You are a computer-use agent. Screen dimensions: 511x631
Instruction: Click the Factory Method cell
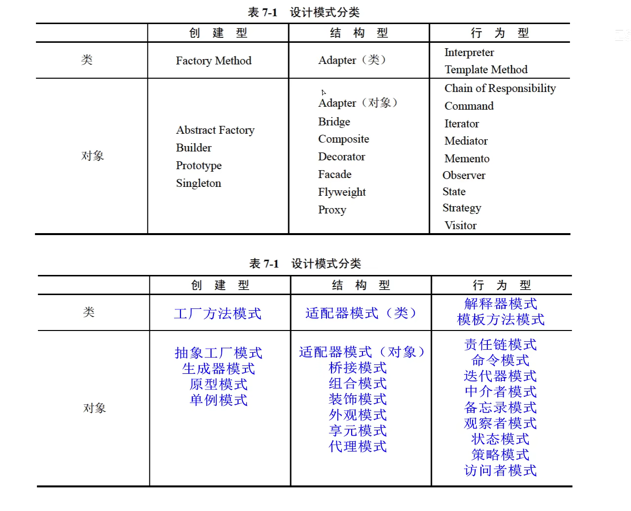[x=213, y=60]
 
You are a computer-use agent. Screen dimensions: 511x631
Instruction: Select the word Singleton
[x=199, y=183]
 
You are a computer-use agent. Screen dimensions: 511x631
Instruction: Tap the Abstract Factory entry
[x=215, y=130]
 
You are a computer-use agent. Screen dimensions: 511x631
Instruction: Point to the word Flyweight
[x=342, y=192]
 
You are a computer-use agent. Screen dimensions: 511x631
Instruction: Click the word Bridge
[x=334, y=121]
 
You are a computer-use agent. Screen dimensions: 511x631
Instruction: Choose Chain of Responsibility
[x=500, y=88]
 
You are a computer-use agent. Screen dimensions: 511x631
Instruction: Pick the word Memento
[x=467, y=158]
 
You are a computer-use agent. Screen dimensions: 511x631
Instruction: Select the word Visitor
[x=460, y=225]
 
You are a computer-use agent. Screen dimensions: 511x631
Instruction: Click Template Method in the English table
[x=486, y=69]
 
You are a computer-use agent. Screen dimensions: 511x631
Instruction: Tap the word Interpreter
[x=469, y=52]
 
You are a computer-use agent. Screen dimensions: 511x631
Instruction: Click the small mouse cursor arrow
[x=324, y=92]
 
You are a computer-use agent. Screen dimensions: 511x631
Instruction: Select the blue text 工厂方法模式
[x=217, y=313]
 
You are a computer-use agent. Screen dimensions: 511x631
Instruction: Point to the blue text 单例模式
[x=218, y=400]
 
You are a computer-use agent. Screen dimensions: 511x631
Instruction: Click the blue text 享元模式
[x=358, y=430]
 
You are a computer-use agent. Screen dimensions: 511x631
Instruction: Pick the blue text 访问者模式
[x=500, y=471]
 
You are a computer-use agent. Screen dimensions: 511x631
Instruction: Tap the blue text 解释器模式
[x=500, y=303]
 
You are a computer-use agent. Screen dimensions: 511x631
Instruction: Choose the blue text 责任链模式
[x=500, y=344]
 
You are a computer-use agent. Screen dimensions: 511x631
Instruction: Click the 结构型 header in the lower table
[x=361, y=285]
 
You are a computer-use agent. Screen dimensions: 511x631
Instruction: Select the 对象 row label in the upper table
[x=92, y=156]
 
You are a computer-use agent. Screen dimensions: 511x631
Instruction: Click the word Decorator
[x=341, y=156]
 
